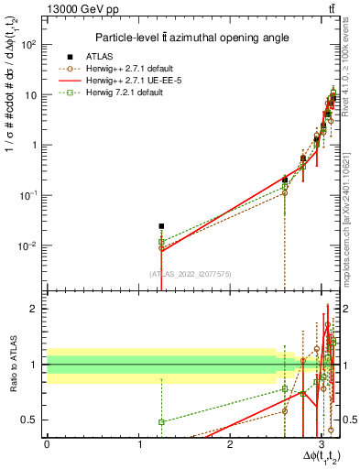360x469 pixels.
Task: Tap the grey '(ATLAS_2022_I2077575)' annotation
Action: tap(190, 273)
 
